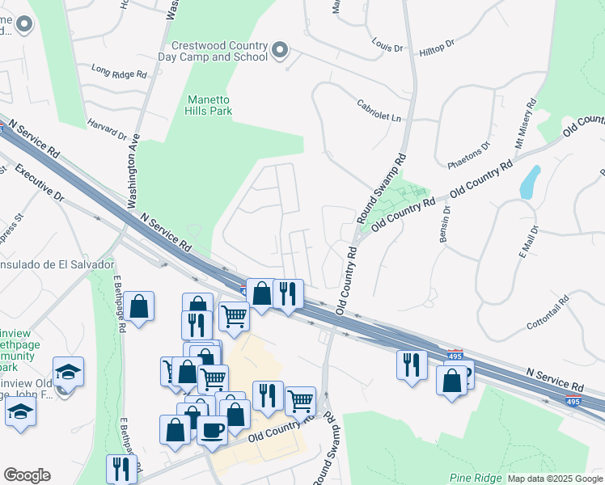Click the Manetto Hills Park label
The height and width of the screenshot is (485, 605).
coord(209,105)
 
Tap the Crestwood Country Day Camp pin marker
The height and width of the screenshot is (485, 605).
coord(280,51)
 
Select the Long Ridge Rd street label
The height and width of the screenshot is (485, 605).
coord(119,72)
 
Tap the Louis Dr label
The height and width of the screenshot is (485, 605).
coord(387,44)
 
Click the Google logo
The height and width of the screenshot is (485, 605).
coord(27,475)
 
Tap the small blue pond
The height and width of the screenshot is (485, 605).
coord(530,183)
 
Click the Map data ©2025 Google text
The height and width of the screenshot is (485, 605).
coord(554,479)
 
